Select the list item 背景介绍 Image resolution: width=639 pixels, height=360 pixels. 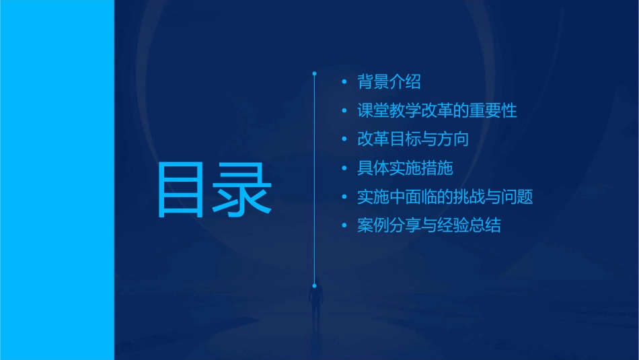pyautogui.click(x=389, y=82)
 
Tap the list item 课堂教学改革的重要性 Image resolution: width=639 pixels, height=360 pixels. pyautogui.click(x=437, y=111)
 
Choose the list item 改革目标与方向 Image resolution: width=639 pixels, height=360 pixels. pyautogui.click(x=413, y=139)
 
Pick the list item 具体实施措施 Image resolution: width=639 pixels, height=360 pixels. pyautogui.click(x=405, y=168)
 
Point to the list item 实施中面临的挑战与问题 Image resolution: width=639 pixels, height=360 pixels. pyautogui.click(x=445, y=197)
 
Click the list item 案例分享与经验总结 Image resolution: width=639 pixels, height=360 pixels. pyautogui.click(x=429, y=225)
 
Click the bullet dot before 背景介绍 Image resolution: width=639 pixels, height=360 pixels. pyautogui.click(x=344, y=83)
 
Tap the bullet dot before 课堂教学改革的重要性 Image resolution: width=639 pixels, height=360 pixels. pyautogui.click(x=344, y=111)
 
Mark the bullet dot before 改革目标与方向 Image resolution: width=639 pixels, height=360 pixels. pyautogui.click(x=344, y=140)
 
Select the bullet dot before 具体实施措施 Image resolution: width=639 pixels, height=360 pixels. pyautogui.click(x=344, y=168)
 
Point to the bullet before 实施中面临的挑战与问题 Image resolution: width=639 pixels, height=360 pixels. pyautogui.click(x=344, y=197)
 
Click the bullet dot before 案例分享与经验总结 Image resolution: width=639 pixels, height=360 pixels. pyautogui.click(x=344, y=226)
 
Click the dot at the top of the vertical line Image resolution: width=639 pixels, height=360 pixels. pyautogui.click(x=315, y=72)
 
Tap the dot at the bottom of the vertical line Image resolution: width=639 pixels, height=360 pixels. pyautogui.click(x=315, y=285)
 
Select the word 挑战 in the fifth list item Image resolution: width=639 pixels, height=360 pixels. pyautogui.click(x=469, y=197)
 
